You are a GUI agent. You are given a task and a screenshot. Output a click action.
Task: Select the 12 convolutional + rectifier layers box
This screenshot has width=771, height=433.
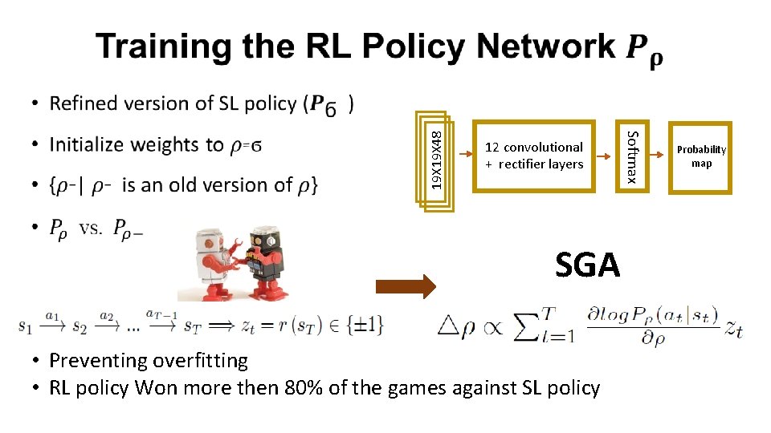pyautogui.click(x=534, y=156)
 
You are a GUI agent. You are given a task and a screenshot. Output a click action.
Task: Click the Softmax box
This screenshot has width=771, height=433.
pyautogui.click(x=633, y=156)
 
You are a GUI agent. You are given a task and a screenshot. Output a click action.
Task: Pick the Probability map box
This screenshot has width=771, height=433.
pyautogui.click(x=701, y=157)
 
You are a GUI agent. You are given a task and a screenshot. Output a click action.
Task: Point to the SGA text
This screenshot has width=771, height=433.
pyautogui.click(x=588, y=265)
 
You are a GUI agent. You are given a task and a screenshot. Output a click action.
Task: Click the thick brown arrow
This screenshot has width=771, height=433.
pyautogui.click(x=406, y=286)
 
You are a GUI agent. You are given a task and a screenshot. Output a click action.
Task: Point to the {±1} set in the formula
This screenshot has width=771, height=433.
pyautogui.click(x=365, y=324)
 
